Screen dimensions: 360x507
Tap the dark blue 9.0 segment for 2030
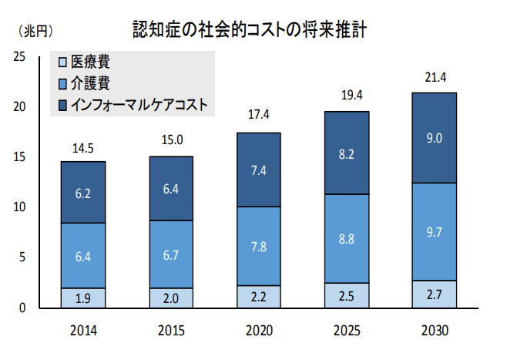point(434,138)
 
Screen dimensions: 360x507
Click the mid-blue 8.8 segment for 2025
point(346,239)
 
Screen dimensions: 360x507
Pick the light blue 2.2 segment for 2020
point(259,297)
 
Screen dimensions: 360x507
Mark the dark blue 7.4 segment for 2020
point(259,170)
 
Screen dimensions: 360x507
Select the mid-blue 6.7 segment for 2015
point(171,254)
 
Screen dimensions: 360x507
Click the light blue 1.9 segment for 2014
point(83,298)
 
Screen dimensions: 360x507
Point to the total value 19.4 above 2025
point(346,96)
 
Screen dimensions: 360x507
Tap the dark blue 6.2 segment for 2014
point(83,193)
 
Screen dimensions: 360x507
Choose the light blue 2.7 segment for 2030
point(434,294)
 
